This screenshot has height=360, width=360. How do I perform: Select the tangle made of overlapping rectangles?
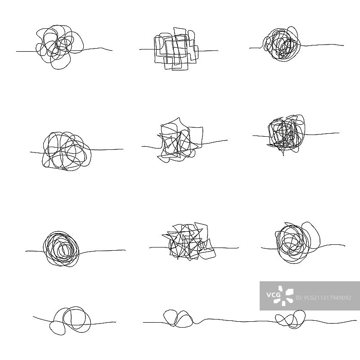[x=175, y=49]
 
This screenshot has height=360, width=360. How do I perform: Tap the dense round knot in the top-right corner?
[x=282, y=44]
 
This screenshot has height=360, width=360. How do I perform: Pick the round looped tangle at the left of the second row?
[x=65, y=151]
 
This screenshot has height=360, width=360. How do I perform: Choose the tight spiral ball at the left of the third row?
[x=62, y=247]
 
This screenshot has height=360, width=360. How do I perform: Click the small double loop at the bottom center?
[x=177, y=318]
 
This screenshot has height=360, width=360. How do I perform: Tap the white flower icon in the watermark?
[x=285, y=296]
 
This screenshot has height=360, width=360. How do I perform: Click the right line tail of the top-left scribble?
[x=99, y=49]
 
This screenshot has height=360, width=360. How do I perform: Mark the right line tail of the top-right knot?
[x=324, y=45]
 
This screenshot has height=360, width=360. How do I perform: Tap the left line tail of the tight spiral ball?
[x=34, y=251]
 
